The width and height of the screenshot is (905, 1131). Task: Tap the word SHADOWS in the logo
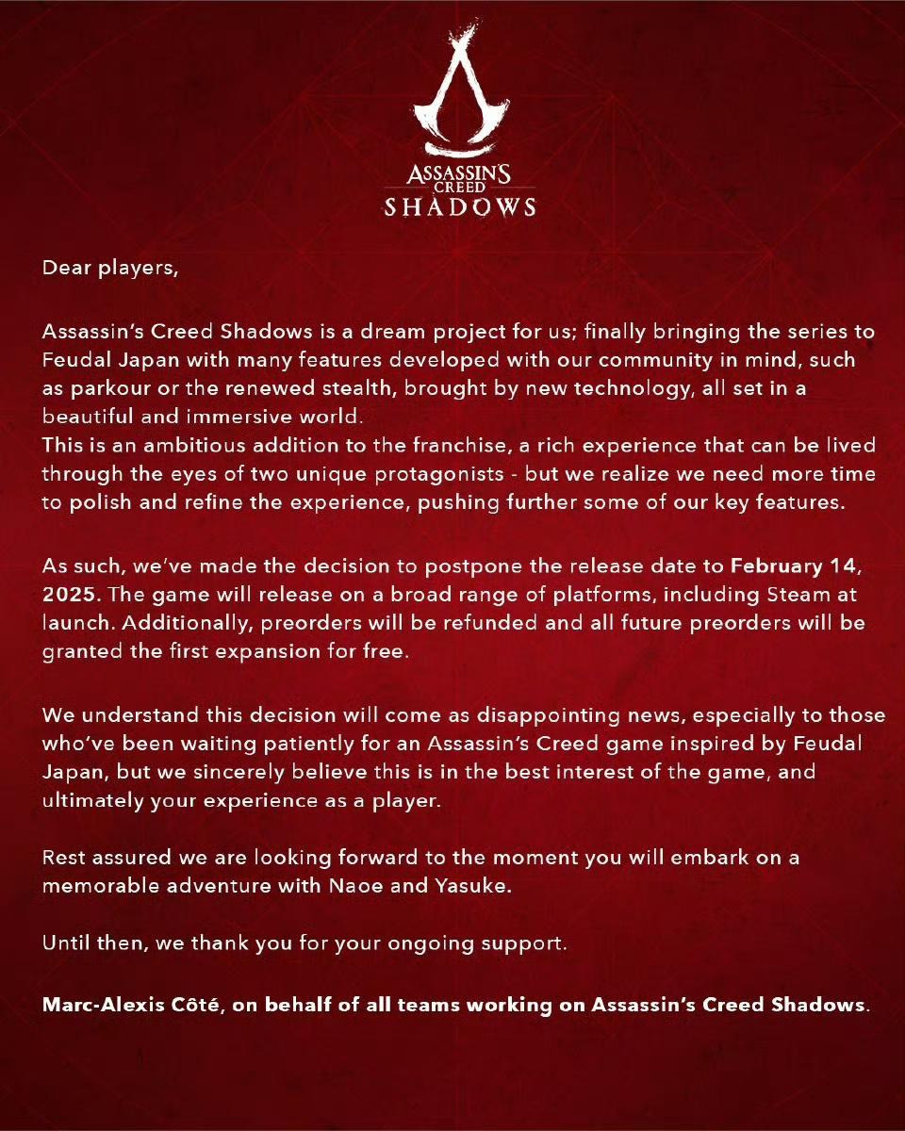tap(459, 206)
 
